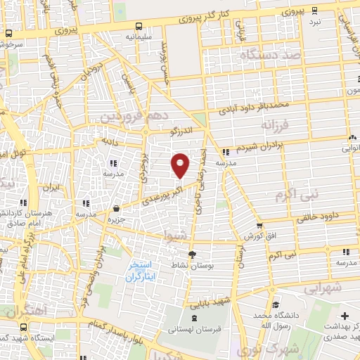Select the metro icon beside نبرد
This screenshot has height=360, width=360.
pos(314,9)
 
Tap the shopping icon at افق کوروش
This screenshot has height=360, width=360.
pos(260,226)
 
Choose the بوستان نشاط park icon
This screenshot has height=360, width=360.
pos(193,255)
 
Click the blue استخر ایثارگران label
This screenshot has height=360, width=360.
pos(143,271)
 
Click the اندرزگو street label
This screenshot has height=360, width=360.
pos(183,130)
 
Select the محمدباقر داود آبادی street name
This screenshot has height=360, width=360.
pos(253,106)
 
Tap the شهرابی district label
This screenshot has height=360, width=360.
pos(323,288)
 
